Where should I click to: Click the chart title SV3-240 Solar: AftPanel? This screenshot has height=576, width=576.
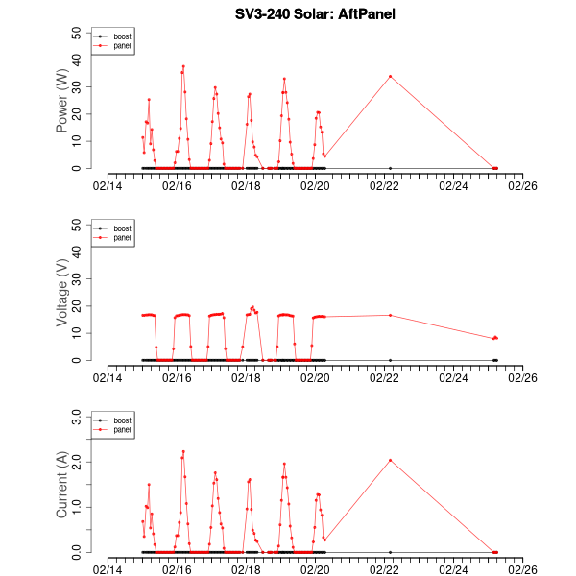301,14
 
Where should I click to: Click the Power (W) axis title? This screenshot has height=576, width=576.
62,101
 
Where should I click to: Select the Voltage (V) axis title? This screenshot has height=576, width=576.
62,293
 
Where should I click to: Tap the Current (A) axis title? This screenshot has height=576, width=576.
62,485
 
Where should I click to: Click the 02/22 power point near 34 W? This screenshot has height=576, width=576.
390,76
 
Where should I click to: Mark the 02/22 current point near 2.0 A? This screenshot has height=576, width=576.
390,460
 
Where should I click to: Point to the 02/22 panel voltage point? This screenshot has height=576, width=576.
390,315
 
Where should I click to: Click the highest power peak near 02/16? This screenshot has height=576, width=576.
183,66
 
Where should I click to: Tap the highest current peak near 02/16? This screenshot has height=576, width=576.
183,451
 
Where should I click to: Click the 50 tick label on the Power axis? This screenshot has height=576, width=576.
77,32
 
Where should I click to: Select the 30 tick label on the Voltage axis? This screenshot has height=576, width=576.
77,278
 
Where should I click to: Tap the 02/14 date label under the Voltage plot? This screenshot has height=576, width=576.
108,377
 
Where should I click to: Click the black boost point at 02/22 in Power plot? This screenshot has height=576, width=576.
390,168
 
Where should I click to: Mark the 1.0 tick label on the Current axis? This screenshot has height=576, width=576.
74,507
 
